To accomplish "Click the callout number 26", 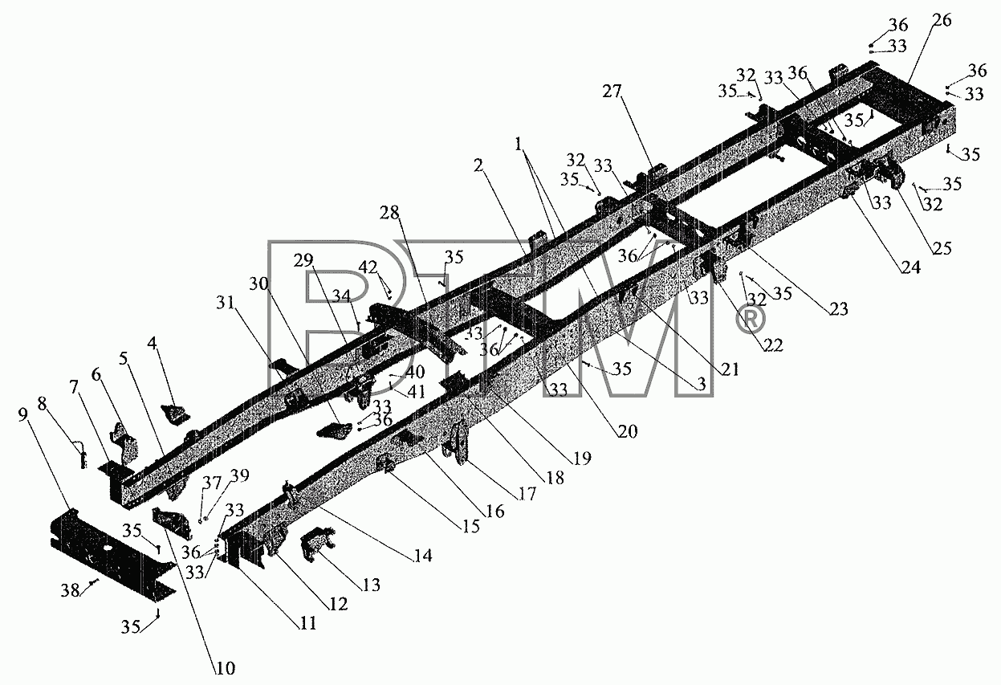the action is tap(942, 21).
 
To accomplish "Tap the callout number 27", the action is tap(612, 92).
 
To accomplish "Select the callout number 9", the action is tap(22, 414).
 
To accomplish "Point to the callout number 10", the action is tap(226, 668).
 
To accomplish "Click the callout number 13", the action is tap(371, 585).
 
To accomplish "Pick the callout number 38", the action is tap(71, 591).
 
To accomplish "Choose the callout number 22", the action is tap(773, 345).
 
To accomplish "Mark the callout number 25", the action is tap(942, 248).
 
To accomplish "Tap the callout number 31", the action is tap(226, 303).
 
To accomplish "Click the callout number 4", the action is tap(153, 344).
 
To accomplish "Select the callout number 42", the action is tap(368, 267).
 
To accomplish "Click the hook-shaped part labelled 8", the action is tap(81, 453).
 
